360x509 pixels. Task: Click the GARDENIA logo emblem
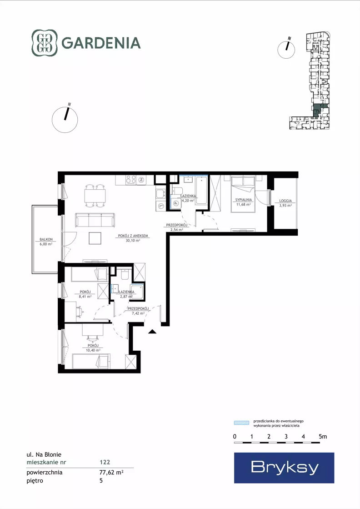point(45,43)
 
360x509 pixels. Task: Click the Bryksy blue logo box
point(284,468)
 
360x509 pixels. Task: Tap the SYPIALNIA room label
point(244,200)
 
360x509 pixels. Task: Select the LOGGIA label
point(285,201)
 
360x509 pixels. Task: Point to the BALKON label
point(46,239)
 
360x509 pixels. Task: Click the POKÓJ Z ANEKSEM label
point(133,236)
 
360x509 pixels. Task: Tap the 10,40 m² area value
point(93,350)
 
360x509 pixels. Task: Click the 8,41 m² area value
point(85,297)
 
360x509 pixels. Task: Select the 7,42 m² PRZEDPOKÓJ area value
point(138,313)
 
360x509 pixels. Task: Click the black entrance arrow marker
point(152,332)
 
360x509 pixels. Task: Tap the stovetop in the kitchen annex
point(131,180)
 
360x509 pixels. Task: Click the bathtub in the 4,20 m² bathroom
point(201,190)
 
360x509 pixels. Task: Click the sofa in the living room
point(95,220)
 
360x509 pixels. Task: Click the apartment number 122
point(105,462)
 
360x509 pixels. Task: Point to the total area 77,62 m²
point(111,472)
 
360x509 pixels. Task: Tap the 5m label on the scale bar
point(323,437)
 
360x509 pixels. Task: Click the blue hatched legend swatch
point(242,423)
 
